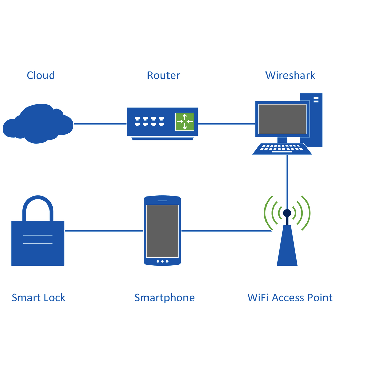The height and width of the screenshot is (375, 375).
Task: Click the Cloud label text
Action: tap(41, 75)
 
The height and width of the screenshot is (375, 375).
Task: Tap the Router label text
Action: tap(163, 75)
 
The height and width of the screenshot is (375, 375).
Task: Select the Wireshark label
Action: tap(290, 75)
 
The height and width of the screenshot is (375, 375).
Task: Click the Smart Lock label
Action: tap(38, 298)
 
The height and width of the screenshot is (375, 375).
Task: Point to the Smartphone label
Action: tap(164, 298)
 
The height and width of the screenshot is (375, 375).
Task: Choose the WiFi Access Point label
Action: tap(290, 298)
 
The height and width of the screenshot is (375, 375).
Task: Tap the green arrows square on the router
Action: tap(185, 122)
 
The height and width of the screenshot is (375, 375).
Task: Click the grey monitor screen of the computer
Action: tap(282, 119)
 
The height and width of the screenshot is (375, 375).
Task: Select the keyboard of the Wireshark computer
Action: tap(282, 149)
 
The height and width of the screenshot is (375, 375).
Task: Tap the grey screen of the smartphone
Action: tap(162, 231)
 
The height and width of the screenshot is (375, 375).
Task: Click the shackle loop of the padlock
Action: tap(38, 207)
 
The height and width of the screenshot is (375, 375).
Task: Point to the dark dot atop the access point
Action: tap(287, 213)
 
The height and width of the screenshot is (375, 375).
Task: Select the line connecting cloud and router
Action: tap(100, 124)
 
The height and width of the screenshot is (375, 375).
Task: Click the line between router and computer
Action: tap(226, 124)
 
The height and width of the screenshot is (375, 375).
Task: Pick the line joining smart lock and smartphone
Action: tap(104, 231)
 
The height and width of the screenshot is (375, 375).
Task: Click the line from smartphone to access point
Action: tap(226, 231)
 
